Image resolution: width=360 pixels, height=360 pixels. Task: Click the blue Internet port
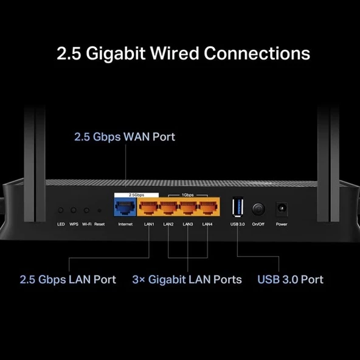pyautogui.click(x=125, y=209)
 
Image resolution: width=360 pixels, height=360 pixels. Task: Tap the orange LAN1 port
pyautogui.click(x=149, y=209)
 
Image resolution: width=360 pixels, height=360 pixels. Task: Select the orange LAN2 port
pyautogui.click(x=168, y=209)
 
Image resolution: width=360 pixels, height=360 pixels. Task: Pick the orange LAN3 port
pyautogui.click(x=188, y=209)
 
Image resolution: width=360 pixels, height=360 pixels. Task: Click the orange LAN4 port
pyautogui.click(x=207, y=209)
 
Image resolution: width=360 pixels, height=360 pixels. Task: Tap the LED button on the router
pyautogui.click(x=61, y=210)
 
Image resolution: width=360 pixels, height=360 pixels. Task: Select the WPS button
pyautogui.click(x=74, y=210)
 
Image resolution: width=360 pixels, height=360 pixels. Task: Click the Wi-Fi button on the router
pyautogui.click(x=87, y=210)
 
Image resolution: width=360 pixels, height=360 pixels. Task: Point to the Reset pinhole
pyautogui.click(x=99, y=210)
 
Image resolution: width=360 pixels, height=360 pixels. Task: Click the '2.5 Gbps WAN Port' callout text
pyautogui.click(x=125, y=136)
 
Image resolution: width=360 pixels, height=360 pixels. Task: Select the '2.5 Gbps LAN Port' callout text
pyautogui.click(x=68, y=280)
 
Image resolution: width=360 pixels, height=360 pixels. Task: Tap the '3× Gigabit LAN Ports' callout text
pyautogui.click(x=187, y=280)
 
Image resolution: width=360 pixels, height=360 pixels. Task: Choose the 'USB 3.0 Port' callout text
pyautogui.click(x=290, y=280)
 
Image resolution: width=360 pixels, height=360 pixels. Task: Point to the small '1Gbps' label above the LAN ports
pyautogui.click(x=188, y=195)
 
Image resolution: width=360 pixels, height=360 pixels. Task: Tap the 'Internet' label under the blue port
pyautogui.click(x=125, y=224)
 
